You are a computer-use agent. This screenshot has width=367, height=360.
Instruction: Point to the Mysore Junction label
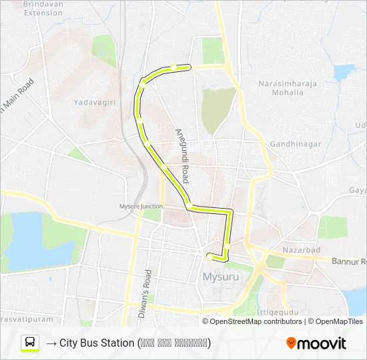click(x=141, y=206)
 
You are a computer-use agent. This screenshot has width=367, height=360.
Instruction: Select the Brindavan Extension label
click(x=43, y=8)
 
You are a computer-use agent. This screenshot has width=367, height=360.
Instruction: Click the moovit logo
click(x=316, y=343)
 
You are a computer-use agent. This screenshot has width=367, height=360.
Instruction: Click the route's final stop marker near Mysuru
click(x=210, y=256)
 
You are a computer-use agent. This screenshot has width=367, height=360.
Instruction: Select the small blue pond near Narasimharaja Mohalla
click(x=344, y=72)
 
